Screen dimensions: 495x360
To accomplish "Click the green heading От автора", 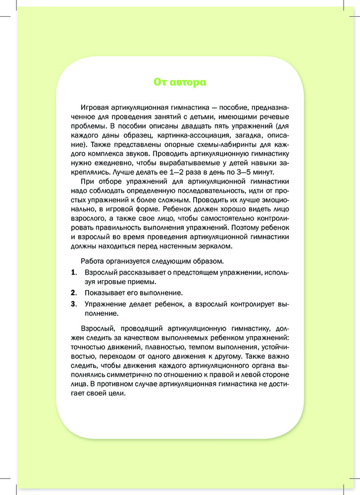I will click(180, 82).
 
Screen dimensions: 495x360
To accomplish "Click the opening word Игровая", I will click(94, 108).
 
